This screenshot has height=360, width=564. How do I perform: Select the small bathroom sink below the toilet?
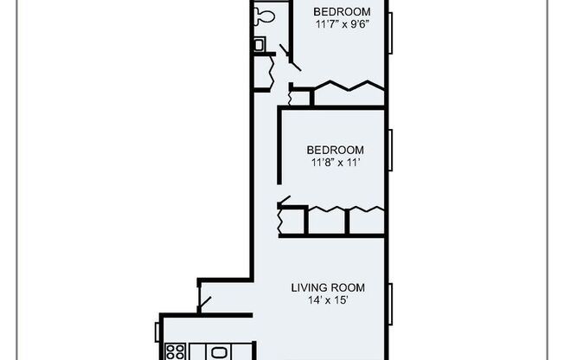259,44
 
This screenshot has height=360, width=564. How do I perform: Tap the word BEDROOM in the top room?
337,11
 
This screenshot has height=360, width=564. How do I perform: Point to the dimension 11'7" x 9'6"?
337,24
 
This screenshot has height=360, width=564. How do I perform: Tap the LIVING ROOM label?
328,288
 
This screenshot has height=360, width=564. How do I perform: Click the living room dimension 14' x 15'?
328,301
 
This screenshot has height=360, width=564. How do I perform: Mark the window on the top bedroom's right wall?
390,33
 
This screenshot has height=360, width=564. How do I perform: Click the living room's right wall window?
390,305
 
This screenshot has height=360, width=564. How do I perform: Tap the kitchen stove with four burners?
176,352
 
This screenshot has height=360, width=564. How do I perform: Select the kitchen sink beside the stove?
219,353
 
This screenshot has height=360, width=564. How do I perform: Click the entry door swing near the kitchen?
205,303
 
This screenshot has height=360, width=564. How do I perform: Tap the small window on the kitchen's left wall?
157,331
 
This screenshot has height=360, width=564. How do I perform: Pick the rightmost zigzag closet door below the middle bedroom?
367,209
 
